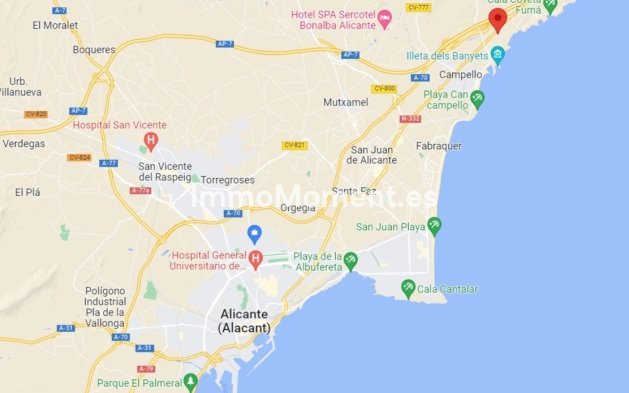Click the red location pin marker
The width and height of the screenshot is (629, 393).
coord(497,20)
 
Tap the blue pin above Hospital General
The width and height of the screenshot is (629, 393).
coord(255,235)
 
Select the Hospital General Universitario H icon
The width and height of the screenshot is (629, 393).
coord(255,261)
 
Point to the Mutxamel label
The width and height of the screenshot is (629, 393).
coord(347,102)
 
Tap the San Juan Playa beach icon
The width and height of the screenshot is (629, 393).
coord(433,226)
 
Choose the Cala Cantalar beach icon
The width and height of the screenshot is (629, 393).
coord(408,289)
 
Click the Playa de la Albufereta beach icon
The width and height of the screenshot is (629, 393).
coord(350,262)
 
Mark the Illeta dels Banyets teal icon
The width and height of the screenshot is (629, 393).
coord(497,54)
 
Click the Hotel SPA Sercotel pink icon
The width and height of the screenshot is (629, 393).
coord(385,22)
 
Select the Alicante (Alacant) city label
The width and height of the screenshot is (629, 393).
coord(244,320)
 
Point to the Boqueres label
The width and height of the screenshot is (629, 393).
coord(94,49)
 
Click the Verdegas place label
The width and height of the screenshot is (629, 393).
coord(24,143)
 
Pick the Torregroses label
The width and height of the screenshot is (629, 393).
coord(228,180)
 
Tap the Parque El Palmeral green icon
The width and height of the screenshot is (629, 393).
coord(190,382)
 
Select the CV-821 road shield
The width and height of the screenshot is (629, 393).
coord(294,145)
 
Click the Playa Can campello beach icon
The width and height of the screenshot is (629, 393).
coord(478,99)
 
